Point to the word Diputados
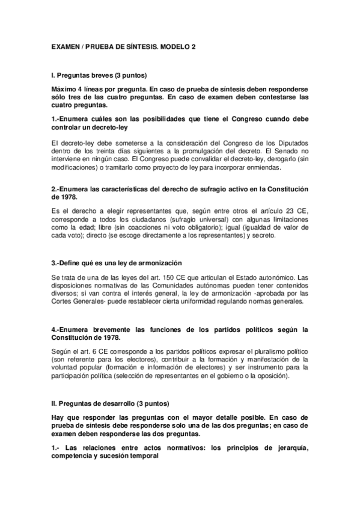click(x=291, y=142)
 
